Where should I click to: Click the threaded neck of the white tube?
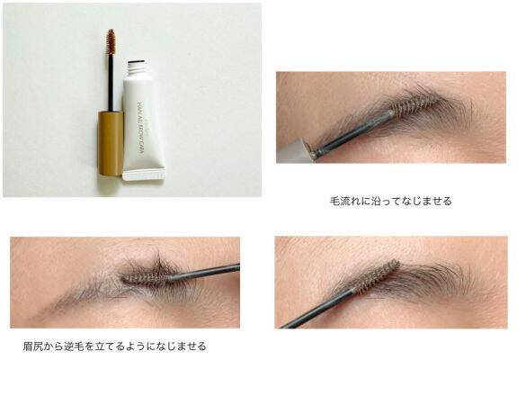coord(138,68)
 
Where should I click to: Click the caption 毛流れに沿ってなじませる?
coord(390,201)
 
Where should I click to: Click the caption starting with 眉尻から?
coord(114,346)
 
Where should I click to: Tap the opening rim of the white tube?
coord(138,62)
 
